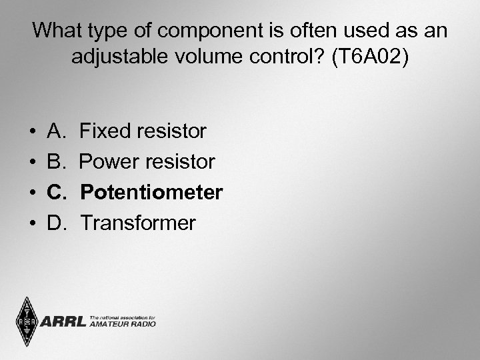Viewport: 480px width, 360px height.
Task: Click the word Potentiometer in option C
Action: point(151,193)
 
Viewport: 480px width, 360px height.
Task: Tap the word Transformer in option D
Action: point(138,223)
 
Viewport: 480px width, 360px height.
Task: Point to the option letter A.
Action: point(55,131)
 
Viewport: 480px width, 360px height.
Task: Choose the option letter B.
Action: point(55,162)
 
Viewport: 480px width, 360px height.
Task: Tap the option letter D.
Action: point(56,223)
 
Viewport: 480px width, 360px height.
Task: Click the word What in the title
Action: point(57,30)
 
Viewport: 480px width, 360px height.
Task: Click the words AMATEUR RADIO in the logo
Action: point(122,324)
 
